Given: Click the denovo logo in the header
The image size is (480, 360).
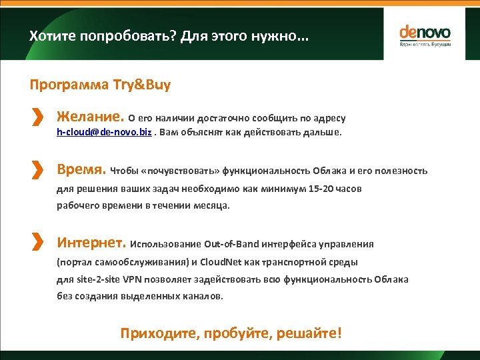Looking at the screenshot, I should (425, 35).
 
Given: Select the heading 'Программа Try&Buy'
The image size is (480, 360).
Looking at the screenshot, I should (100, 85).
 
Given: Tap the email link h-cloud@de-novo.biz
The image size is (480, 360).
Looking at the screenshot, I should (104, 132).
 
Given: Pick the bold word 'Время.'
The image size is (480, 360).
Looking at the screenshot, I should (81, 169).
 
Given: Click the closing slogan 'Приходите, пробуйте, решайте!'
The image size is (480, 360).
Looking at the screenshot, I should (231, 332).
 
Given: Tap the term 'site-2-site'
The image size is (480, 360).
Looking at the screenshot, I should (91, 279).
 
